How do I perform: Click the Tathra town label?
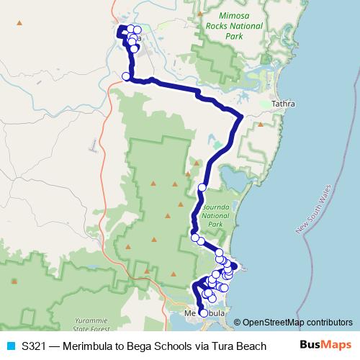284,104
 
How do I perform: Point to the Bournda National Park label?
215,215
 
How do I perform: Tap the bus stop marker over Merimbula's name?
203,313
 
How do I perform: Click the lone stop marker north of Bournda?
202,187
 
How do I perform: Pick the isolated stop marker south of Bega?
126,76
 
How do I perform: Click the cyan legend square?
10,346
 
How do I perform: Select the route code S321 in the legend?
34,346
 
